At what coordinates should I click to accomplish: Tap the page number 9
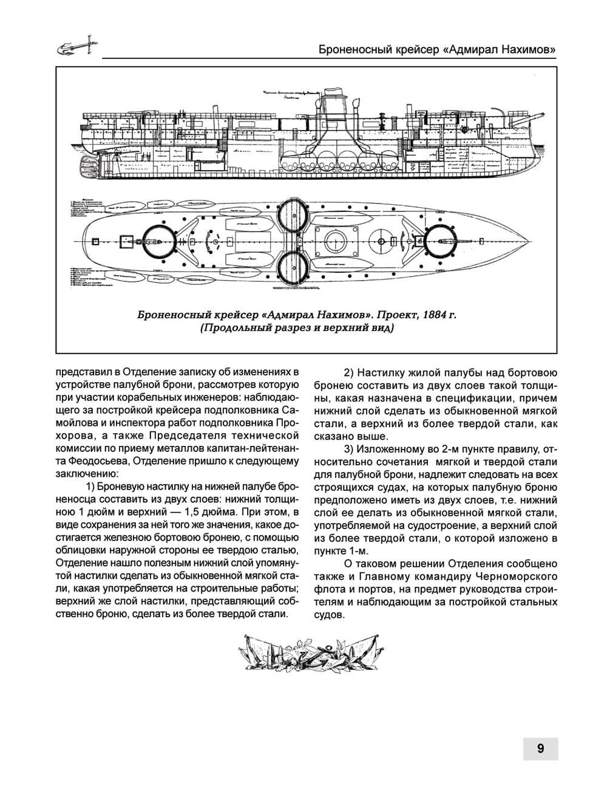tap(540, 748)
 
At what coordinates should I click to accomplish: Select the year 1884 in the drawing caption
tap(435, 315)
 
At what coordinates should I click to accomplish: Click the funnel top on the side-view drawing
tap(332, 91)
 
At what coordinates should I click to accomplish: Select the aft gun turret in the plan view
tap(159, 241)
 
